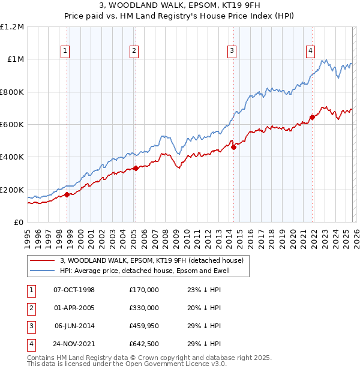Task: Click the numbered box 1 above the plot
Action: (x=65, y=51)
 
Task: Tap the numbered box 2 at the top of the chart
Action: (x=134, y=51)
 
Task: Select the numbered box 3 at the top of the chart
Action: (x=232, y=51)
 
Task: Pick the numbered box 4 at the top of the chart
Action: (x=310, y=51)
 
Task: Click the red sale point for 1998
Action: (x=67, y=194)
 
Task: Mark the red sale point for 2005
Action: (x=136, y=169)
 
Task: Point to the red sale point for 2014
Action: (x=233, y=147)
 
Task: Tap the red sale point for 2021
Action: (x=312, y=117)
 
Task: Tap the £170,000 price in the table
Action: (x=143, y=290)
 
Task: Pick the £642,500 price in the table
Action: (x=143, y=344)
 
